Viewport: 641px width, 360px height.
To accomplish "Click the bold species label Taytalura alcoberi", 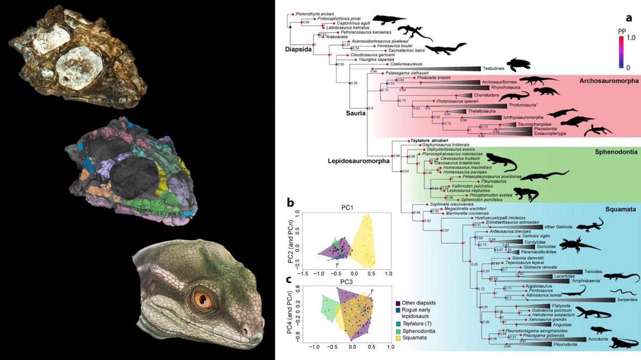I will (x=429, y=141).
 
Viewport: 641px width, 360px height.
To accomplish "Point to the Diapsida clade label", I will (x=298, y=49).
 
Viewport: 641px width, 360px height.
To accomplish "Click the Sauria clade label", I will (x=356, y=113).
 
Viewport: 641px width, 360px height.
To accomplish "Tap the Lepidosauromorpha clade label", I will (x=358, y=161).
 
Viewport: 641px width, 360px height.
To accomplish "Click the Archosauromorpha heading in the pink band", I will (x=608, y=81).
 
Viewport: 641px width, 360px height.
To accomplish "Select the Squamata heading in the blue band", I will (x=620, y=209).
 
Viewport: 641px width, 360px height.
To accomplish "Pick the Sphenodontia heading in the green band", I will (x=616, y=152).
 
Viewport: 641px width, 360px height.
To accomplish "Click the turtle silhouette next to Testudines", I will (x=519, y=65).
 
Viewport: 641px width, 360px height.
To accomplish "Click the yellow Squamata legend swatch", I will (x=398, y=338).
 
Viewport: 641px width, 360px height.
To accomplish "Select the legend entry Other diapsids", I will (x=418, y=303).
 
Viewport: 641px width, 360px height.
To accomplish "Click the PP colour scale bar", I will (x=621, y=52).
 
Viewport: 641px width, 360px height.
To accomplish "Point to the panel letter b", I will (x=290, y=203).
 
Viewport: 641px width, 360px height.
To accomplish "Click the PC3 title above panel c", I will (x=346, y=282).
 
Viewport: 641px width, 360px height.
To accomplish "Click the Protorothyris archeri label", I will (x=315, y=14).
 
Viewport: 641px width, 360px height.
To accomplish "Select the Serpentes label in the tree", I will (x=627, y=300).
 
